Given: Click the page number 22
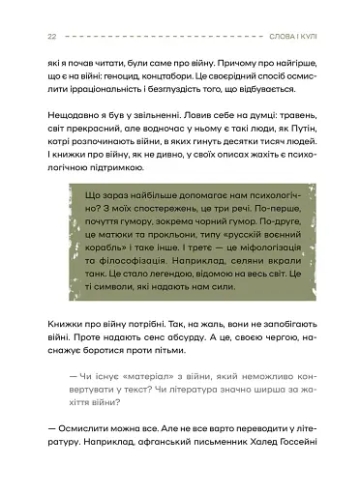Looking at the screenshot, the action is coord(50,36).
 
